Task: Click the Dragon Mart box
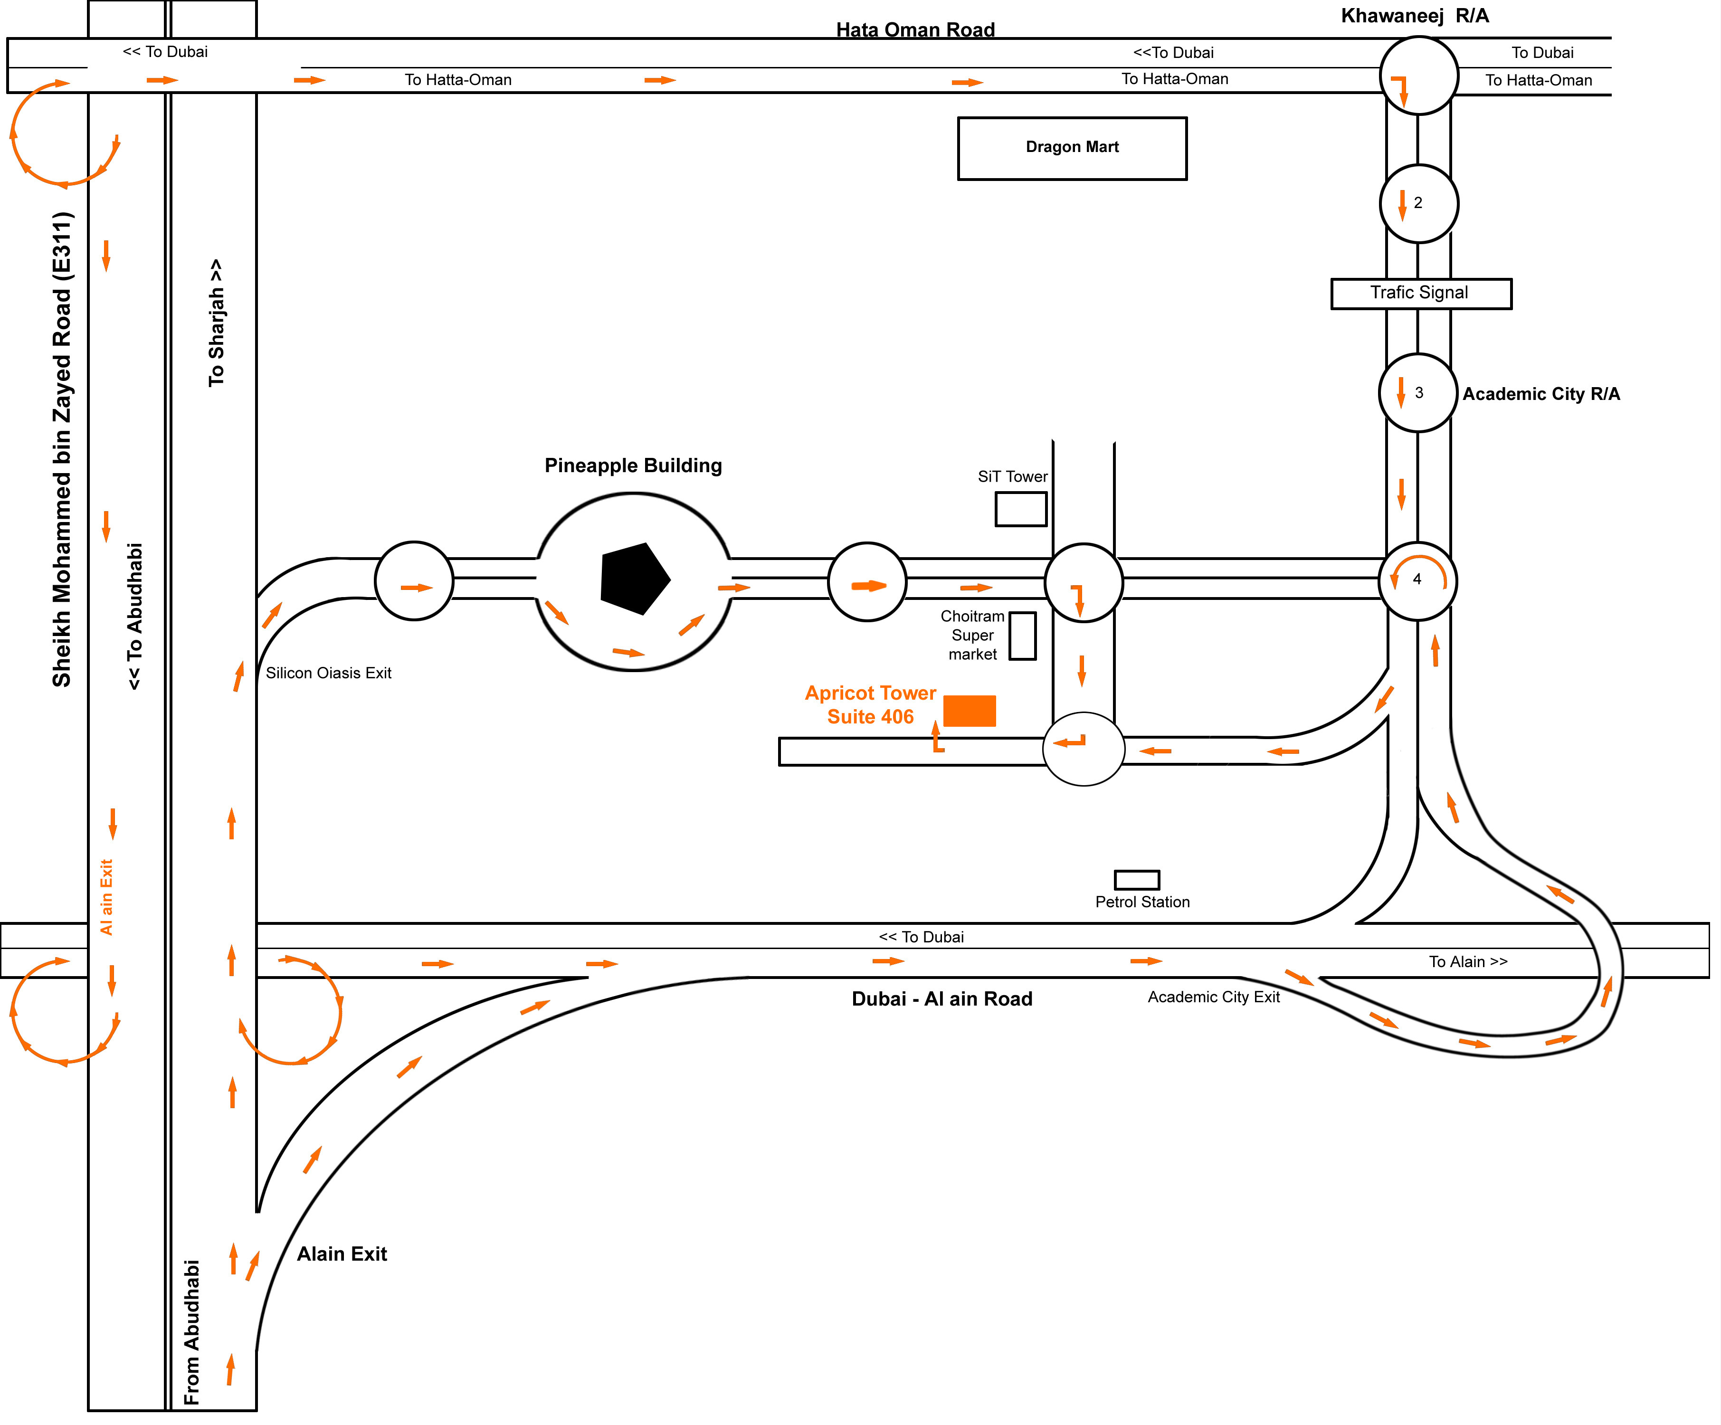pyautogui.click(x=1072, y=148)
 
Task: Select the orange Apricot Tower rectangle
pyautogui.click(x=970, y=711)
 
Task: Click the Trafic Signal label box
pyautogui.click(x=1420, y=294)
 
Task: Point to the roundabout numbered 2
pyautogui.click(x=1418, y=203)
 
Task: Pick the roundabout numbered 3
pyautogui.click(x=1418, y=392)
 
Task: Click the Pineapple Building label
pyautogui.click(x=633, y=465)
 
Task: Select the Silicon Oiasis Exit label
pyautogui.click(x=329, y=673)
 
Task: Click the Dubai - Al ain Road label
pyautogui.click(x=941, y=999)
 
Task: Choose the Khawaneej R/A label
pyautogui.click(x=1415, y=16)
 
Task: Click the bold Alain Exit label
pyautogui.click(x=342, y=1254)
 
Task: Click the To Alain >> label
pyautogui.click(x=1468, y=962)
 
